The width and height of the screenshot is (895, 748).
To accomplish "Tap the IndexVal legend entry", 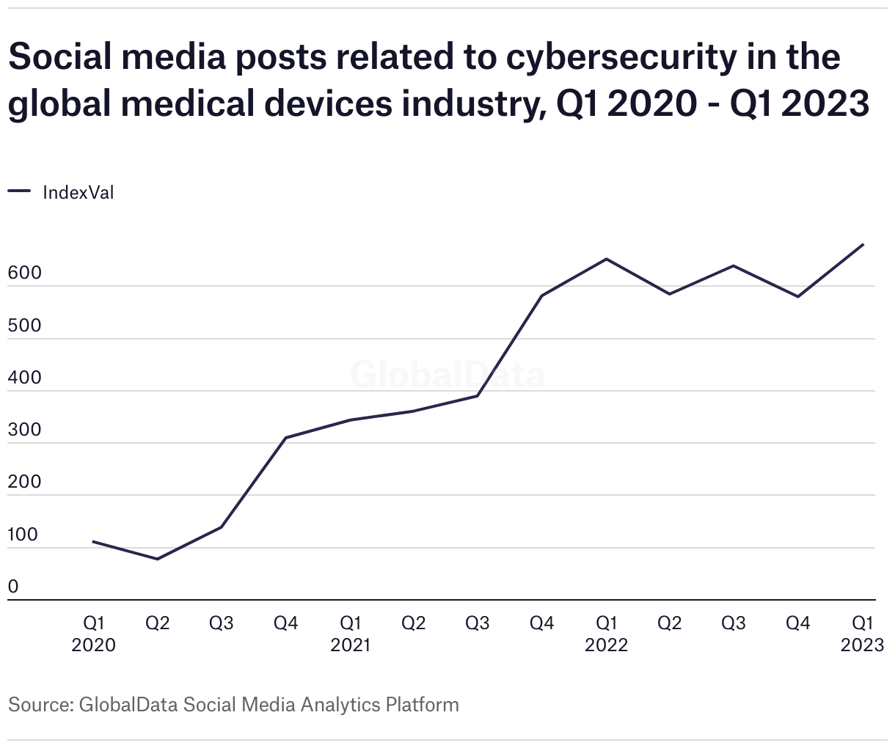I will coord(78,193).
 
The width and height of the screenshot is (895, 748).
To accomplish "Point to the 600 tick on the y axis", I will coord(24,274).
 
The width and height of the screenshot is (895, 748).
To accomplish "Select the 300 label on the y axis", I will coord(24,430).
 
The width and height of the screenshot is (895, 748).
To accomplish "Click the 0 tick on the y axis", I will coord(13,587).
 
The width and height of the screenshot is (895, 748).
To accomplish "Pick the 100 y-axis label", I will coord(23,535).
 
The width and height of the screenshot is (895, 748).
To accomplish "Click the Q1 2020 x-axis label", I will coord(93,634).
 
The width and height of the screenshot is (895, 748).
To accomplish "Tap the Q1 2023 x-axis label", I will coord(862,634).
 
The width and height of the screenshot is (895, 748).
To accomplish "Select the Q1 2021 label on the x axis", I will coord(350,634).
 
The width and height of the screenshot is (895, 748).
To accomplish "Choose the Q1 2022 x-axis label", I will coord(606,634).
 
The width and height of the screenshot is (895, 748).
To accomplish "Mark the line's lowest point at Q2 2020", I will coord(157,560).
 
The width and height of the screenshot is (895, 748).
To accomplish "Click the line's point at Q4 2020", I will coord(285,438).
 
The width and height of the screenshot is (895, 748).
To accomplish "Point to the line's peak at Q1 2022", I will coord(606,259).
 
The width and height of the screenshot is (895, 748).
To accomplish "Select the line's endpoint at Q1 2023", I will coord(863,244).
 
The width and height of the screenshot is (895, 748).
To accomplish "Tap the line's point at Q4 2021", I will coord(541,296).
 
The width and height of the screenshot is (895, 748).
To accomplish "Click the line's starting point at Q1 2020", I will coord(93,542).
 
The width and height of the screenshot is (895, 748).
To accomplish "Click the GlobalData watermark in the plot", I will coord(447,375).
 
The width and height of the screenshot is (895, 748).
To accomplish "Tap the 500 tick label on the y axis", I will coord(24,326).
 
